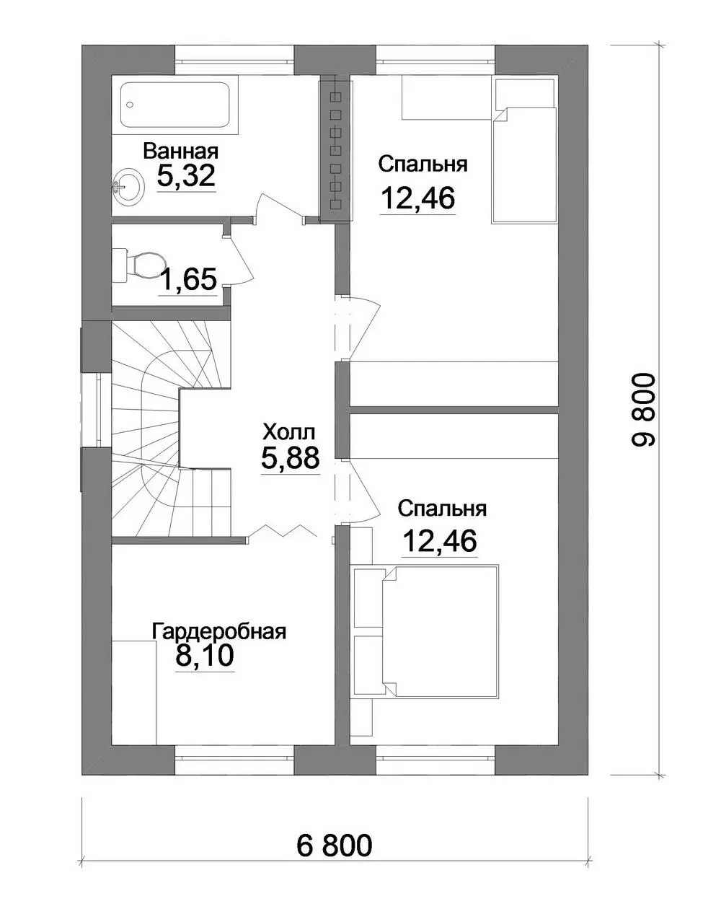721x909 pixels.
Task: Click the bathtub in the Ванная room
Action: click(x=176, y=105)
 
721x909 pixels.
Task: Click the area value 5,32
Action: click(x=186, y=175)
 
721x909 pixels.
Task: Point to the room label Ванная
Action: click(x=181, y=151)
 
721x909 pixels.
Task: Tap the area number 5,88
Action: click(x=291, y=458)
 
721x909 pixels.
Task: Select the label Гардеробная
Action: click(x=218, y=631)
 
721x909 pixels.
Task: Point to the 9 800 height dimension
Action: click(x=644, y=409)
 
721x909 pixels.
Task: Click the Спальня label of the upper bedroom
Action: click(x=423, y=164)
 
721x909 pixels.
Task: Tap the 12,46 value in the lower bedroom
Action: click(x=440, y=540)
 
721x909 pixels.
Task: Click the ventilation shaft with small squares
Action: click(x=335, y=149)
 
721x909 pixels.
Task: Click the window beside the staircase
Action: click(x=97, y=410)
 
